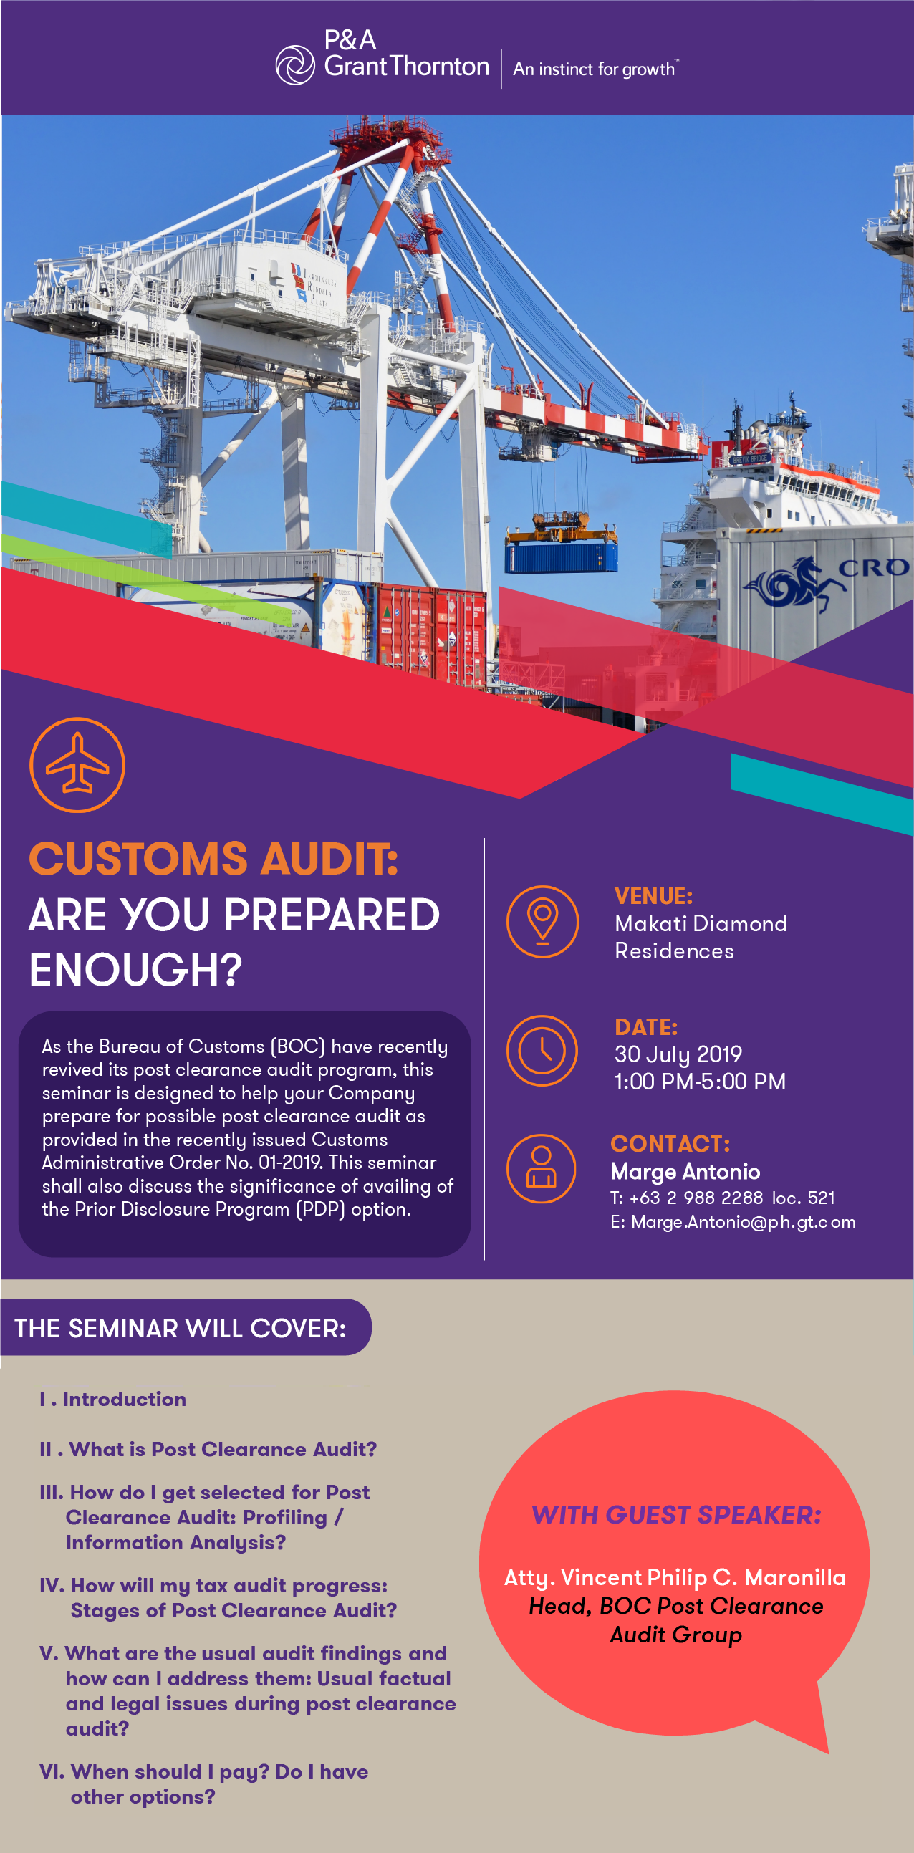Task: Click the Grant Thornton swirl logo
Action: click(295, 64)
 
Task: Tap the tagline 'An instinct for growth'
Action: click(595, 69)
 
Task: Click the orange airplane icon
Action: click(77, 765)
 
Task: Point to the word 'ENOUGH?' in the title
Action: click(136, 970)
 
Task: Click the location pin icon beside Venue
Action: click(543, 921)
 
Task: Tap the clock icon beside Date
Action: click(542, 1050)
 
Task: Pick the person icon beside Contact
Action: click(542, 1168)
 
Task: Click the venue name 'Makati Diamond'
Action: click(701, 923)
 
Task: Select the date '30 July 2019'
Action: click(678, 1054)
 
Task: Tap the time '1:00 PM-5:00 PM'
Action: click(700, 1081)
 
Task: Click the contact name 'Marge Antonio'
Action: click(685, 1172)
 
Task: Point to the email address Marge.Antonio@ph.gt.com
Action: click(733, 1222)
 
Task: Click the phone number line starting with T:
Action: click(723, 1198)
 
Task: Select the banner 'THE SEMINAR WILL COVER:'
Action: click(181, 1328)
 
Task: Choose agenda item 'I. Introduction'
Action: click(113, 1399)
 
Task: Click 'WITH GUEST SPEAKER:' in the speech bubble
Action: click(677, 1515)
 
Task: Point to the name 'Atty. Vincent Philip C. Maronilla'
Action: click(675, 1577)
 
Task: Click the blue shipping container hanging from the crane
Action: click(561, 556)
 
